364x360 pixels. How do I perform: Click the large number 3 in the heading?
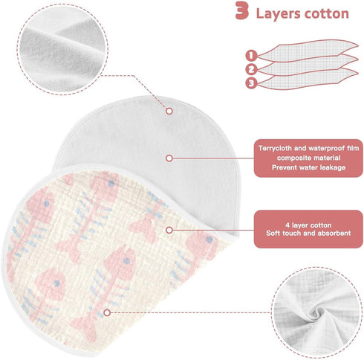click(241, 11)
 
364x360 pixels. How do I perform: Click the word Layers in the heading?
click(278, 14)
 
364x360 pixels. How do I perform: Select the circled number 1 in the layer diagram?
click(251, 55)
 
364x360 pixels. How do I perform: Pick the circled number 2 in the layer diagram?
click(251, 69)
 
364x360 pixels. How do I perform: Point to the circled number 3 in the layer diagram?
click(251, 83)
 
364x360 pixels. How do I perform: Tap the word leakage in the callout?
click(333, 167)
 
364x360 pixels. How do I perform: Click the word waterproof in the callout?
click(326, 148)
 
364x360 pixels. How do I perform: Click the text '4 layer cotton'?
click(308, 225)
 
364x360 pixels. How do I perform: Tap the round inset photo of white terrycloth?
click(62, 49)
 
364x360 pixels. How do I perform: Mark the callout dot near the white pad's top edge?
click(169, 111)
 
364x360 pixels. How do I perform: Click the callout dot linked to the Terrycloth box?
click(169, 158)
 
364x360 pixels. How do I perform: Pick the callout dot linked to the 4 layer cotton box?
click(169, 230)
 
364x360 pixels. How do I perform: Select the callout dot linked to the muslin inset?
click(107, 312)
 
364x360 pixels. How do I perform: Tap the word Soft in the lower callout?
click(273, 234)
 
